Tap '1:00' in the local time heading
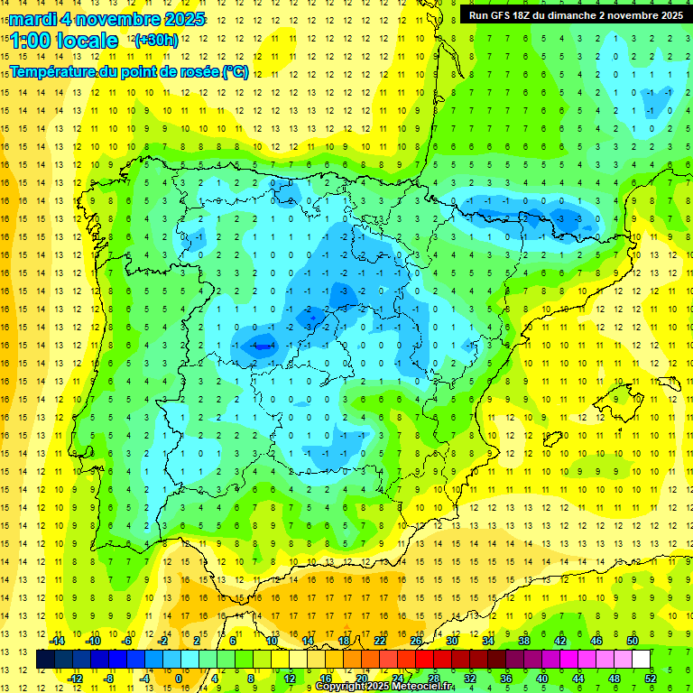(x=30, y=41)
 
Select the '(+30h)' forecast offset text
(x=155, y=41)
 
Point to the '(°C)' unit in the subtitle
(x=236, y=71)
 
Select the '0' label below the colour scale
(x=179, y=678)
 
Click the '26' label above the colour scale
(x=416, y=641)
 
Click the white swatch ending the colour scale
(x=642, y=659)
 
